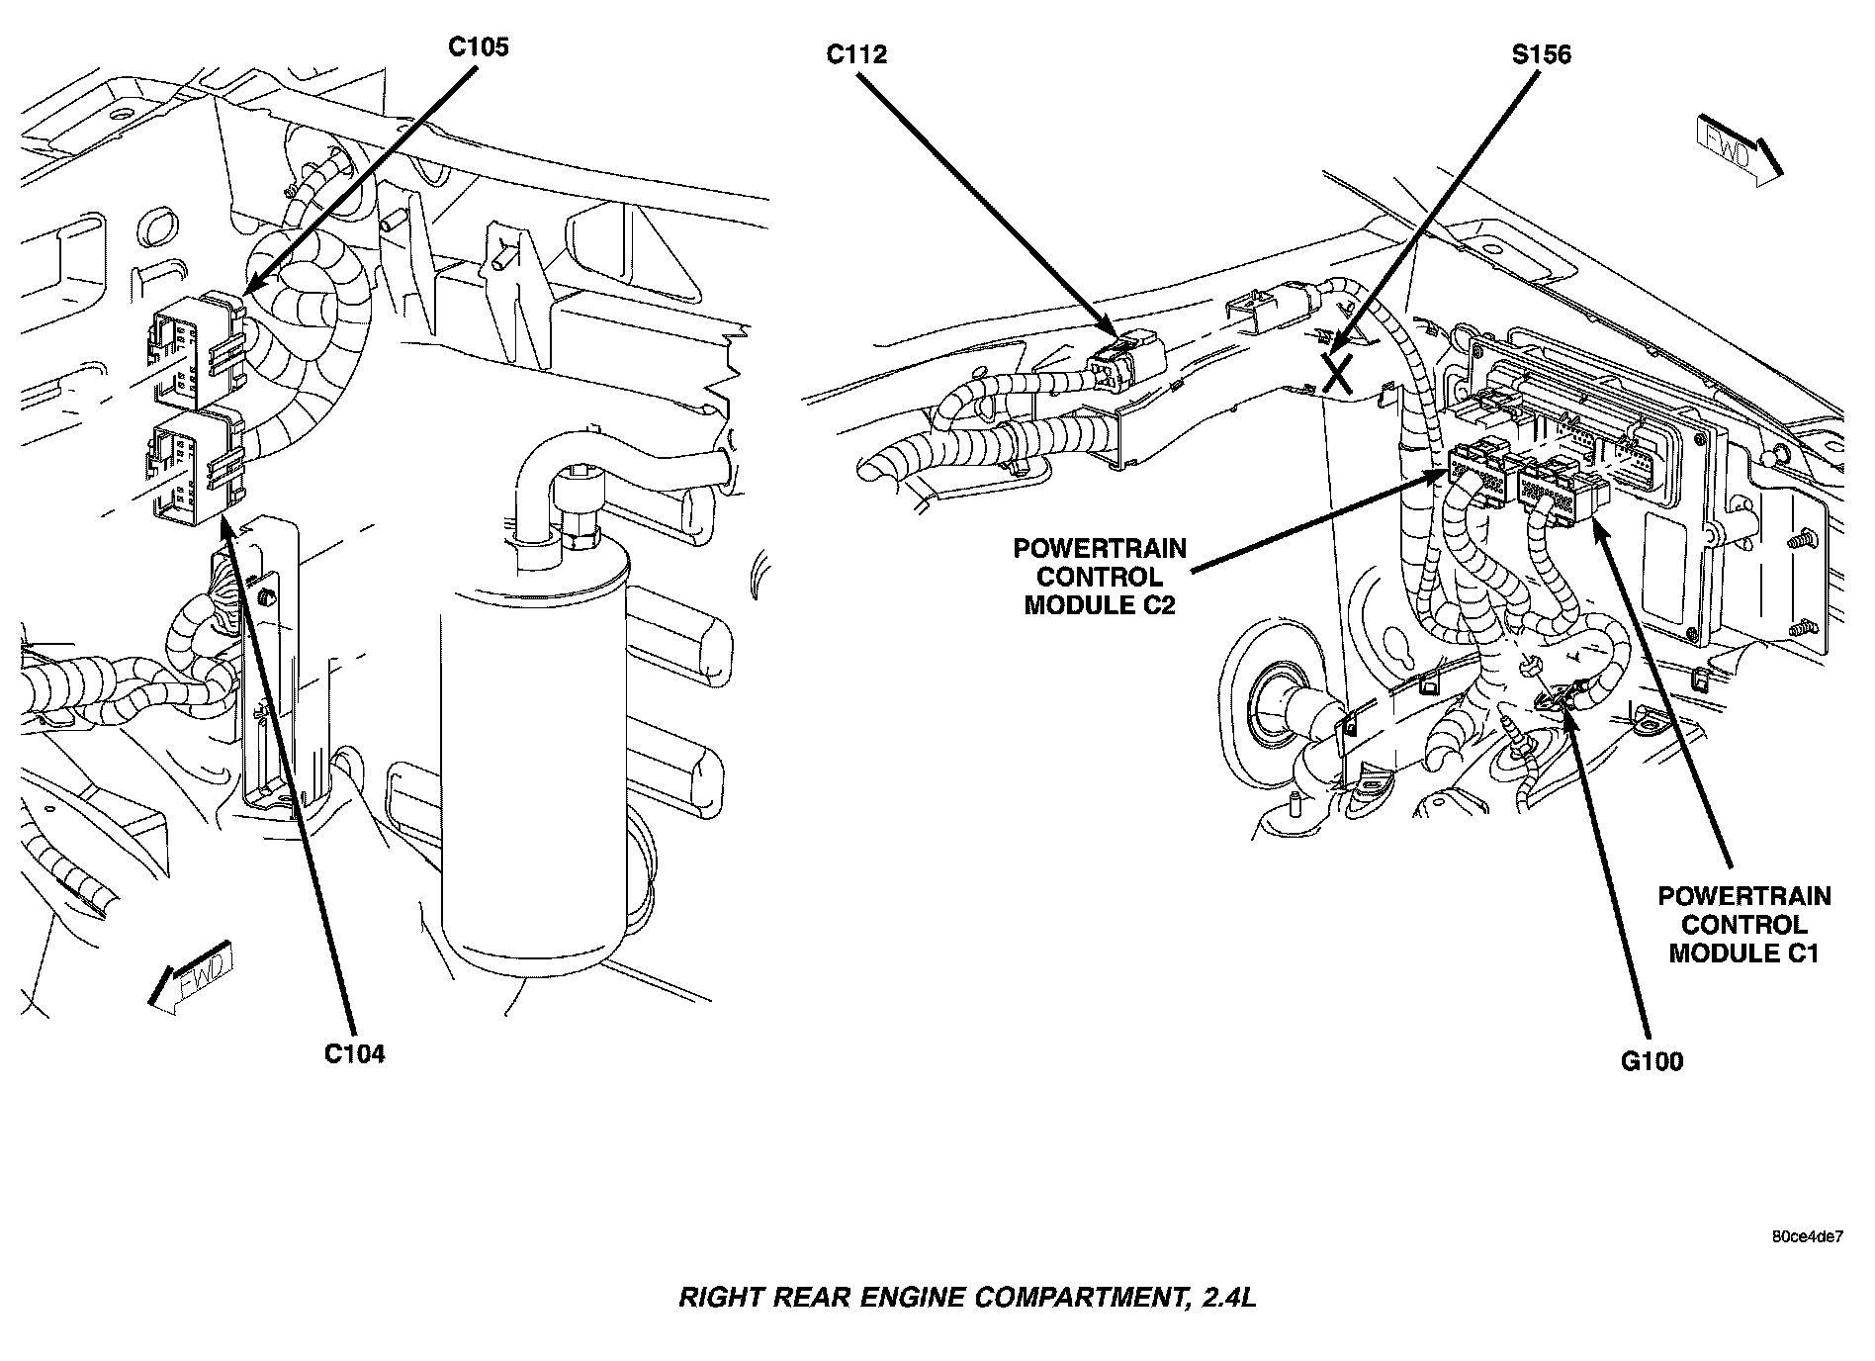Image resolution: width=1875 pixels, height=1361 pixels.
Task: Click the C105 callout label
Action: click(478, 47)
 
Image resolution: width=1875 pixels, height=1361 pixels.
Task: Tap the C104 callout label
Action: click(354, 1054)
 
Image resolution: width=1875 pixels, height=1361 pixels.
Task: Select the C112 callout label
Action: click(856, 55)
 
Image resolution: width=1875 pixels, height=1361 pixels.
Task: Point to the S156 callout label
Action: click(1541, 55)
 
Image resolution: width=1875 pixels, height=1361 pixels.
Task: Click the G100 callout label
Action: click(1652, 1062)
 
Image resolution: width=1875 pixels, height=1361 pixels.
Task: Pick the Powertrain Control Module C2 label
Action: click(1099, 577)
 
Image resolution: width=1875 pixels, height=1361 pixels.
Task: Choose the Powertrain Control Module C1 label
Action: click(1743, 925)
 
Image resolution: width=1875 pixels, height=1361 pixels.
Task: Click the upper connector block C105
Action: click(194, 351)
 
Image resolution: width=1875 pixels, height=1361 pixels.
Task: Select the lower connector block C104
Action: click(194, 466)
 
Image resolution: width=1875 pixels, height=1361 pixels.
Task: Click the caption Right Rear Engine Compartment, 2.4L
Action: click(966, 1297)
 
